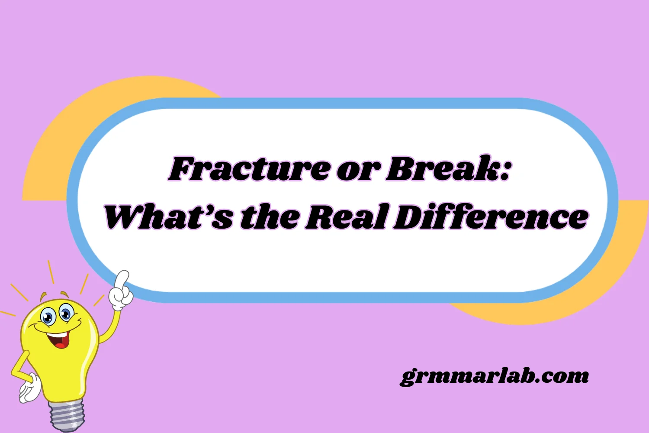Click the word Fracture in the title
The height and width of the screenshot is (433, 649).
tap(249, 169)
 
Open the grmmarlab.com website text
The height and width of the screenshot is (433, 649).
tap(494, 376)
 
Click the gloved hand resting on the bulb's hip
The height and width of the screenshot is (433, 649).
tap(29, 388)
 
